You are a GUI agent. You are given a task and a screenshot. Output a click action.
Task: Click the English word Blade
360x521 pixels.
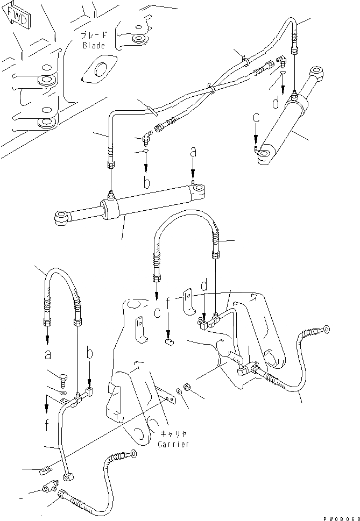[x=94, y=46]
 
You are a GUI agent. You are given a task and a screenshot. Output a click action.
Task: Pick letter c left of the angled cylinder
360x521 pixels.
[x=256, y=117]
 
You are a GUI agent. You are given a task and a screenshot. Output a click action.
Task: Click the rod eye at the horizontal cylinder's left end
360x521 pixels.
[x=61, y=217]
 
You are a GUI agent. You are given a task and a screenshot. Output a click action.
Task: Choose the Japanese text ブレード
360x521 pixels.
[x=94, y=36]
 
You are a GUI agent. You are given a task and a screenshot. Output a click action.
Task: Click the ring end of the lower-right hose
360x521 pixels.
[x=325, y=328]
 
